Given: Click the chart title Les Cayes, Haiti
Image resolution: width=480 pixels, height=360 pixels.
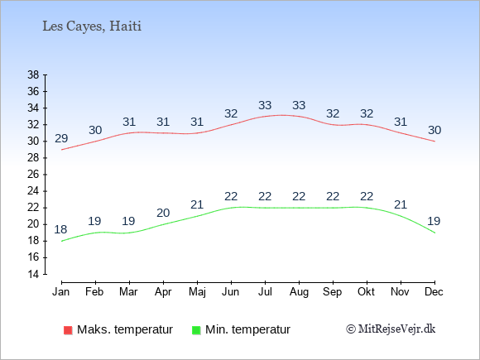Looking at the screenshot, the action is (92, 26).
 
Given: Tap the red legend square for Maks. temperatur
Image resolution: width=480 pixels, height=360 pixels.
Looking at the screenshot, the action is (68, 330).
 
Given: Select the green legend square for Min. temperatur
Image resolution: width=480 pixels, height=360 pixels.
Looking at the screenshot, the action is (196, 330).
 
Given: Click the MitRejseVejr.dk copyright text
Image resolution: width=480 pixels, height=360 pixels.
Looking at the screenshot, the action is (391, 329).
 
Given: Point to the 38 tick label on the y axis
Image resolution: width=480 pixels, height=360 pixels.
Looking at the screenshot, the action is (33, 74).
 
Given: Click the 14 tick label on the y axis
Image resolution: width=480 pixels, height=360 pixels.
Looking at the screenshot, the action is (33, 274).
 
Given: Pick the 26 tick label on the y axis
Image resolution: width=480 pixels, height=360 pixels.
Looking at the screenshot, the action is (33, 175).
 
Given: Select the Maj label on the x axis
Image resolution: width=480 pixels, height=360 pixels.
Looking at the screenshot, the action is (197, 292).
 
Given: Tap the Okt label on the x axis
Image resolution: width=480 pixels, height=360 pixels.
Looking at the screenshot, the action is (366, 292).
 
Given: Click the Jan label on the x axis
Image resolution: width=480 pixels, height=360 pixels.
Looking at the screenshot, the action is (61, 292).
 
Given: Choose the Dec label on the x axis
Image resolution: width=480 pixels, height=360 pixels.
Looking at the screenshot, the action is (434, 292).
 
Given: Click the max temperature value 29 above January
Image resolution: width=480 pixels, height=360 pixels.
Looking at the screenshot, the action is (61, 139).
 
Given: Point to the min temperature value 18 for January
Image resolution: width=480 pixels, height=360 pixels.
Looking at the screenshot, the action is (60, 229).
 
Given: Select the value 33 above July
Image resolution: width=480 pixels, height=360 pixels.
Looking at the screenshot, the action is (265, 105).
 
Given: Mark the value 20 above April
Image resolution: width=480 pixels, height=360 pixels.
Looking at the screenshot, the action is (163, 213).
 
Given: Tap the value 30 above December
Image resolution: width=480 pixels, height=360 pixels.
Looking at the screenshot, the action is (434, 131).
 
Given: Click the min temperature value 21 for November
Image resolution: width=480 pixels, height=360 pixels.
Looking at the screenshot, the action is (401, 204).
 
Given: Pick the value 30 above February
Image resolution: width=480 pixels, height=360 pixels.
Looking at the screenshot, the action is (95, 131).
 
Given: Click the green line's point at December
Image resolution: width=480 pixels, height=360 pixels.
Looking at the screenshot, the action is (434, 233).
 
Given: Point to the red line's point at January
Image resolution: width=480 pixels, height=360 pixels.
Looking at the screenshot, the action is (62, 150).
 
